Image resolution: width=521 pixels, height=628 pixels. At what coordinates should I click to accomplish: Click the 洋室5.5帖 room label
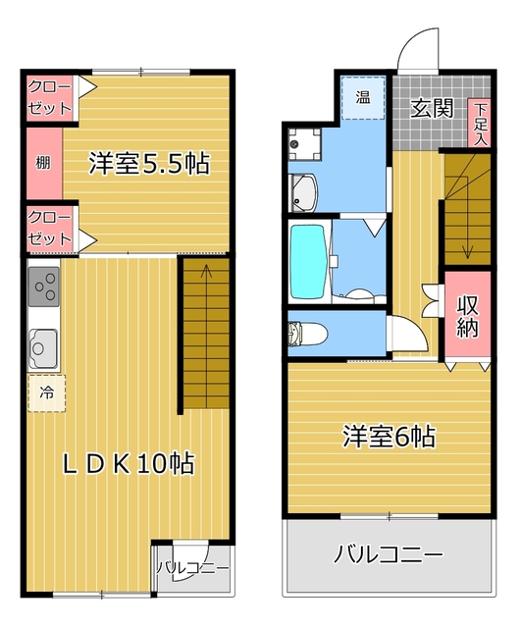pyautogui.click(x=149, y=163)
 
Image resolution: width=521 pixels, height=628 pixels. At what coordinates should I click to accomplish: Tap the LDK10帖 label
pyautogui.click(x=129, y=464)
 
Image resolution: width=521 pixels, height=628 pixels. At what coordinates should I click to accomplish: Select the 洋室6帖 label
pyautogui.click(x=389, y=436)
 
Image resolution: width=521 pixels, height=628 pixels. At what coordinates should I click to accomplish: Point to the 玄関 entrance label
pyautogui.click(x=432, y=109)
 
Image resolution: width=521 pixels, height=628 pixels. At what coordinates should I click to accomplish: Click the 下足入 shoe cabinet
pyautogui.click(x=480, y=123)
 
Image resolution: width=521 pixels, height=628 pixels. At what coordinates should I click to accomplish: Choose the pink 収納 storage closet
pyautogui.click(x=468, y=316)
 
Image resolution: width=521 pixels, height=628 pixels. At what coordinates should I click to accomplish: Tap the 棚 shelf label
pyautogui.click(x=43, y=163)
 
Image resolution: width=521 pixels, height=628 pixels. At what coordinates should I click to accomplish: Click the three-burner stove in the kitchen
pyautogui.click(x=43, y=287)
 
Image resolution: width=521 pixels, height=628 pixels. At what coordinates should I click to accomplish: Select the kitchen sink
pyautogui.click(x=42, y=347)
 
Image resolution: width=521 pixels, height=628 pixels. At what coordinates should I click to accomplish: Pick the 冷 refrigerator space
pyautogui.click(x=46, y=392)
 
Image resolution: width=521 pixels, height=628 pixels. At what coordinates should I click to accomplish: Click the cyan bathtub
pyautogui.click(x=307, y=261)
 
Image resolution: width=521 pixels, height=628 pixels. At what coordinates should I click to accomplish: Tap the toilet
pyautogui.click(x=307, y=334)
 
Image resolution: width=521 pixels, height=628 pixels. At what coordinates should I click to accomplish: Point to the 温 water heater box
pyautogui.click(x=363, y=97)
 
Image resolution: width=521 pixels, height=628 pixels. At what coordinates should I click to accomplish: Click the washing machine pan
pyautogui.click(x=305, y=144)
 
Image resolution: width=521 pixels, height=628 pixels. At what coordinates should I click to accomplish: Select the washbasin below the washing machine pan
pyautogui.click(x=303, y=192)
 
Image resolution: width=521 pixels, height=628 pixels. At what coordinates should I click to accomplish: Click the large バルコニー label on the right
pyautogui.click(x=389, y=554)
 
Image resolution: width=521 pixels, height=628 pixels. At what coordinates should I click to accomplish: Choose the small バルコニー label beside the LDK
pyautogui.click(x=192, y=568)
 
